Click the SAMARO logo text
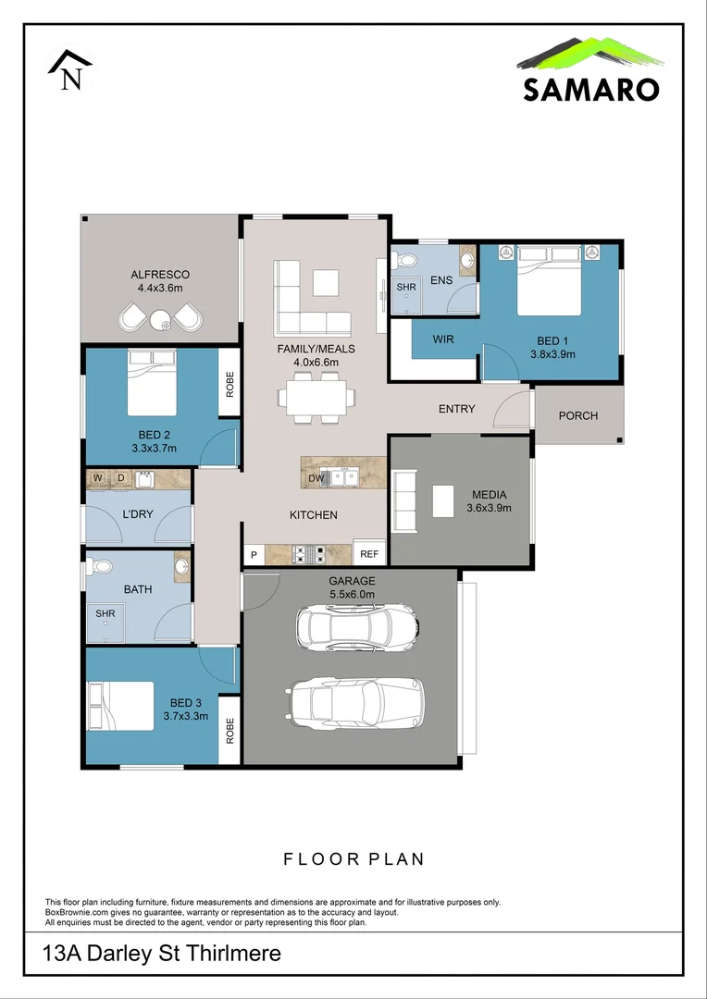click(590, 89)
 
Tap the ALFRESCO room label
click(160, 275)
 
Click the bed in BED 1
click(549, 280)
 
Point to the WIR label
click(444, 339)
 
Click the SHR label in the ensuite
click(406, 288)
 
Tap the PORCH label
click(578, 415)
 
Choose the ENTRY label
click(456, 409)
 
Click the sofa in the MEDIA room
click(405, 500)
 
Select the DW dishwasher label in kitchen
click(316, 478)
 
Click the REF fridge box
click(369, 554)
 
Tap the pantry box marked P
click(253, 555)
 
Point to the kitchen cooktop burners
click(308, 554)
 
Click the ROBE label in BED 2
click(230, 382)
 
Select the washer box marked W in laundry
click(97, 478)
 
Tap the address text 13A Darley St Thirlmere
click(163, 953)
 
